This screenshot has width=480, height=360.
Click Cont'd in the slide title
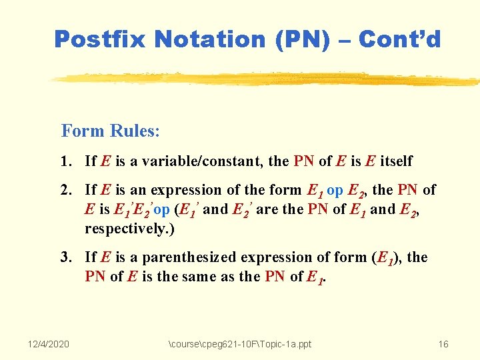(399, 39)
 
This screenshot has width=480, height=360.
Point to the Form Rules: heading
(110, 130)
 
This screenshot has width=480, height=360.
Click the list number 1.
(64, 161)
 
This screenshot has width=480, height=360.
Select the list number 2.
(64, 190)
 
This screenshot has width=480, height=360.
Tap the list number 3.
(64, 257)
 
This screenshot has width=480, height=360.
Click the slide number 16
(443, 344)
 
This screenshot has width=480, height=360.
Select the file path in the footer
(240, 344)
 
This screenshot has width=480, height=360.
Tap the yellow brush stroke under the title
(267, 79)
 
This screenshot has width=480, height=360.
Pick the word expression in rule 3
(289, 257)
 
